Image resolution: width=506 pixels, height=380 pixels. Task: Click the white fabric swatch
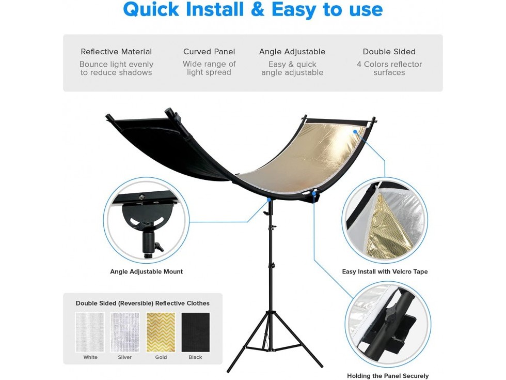[90, 332]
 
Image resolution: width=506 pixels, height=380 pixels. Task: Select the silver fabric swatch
[125, 332]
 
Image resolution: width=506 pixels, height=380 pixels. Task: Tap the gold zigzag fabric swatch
[161, 332]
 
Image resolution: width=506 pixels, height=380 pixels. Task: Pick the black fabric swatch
[196, 332]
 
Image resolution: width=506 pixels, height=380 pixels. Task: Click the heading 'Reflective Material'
[116, 52]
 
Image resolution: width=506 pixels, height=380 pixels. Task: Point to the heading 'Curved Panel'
[209, 52]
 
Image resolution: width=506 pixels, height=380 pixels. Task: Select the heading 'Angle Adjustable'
[292, 52]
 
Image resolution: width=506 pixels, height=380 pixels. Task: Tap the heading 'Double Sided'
[389, 52]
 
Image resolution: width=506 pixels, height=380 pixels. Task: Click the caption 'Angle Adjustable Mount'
[147, 271]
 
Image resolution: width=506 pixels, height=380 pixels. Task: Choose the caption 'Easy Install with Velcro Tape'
[385, 271]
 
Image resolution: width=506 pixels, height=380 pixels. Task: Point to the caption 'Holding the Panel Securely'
[388, 375]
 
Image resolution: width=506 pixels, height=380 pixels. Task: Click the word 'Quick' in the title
[151, 9]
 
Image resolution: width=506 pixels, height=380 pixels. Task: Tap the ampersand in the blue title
[257, 9]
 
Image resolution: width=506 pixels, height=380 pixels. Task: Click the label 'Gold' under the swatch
[161, 357]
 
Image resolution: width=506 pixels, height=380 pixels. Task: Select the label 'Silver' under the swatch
[125, 357]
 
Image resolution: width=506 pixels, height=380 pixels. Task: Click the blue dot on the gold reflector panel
[355, 132]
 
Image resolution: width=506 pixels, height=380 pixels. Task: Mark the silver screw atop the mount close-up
[141, 196]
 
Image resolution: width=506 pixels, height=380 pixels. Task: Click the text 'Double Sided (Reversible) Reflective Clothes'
[143, 303]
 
